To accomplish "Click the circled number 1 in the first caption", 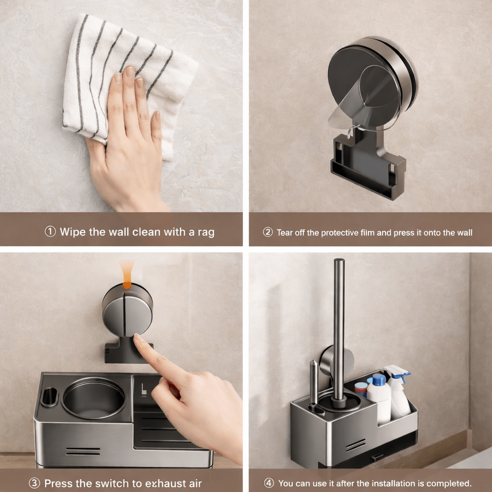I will pyautogui.click(x=50, y=232).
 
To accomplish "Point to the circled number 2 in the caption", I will pyautogui.click(x=268, y=233).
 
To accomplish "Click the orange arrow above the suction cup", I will pyautogui.click(x=127, y=277).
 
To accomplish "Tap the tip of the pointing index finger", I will pyautogui.click(x=138, y=338).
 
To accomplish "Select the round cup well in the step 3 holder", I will pyautogui.click(x=94, y=397).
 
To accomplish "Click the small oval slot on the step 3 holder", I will pyautogui.click(x=49, y=397).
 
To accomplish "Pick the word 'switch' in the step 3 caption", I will pyautogui.click(x=109, y=483).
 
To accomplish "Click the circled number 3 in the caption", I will pyautogui.click(x=35, y=483).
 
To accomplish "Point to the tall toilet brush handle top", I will pyautogui.click(x=339, y=263).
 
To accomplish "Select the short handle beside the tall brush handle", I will pyautogui.click(x=314, y=380).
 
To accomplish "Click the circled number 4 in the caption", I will pyautogui.click(x=269, y=483).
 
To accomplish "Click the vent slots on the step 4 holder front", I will pyautogui.click(x=355, y=445).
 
